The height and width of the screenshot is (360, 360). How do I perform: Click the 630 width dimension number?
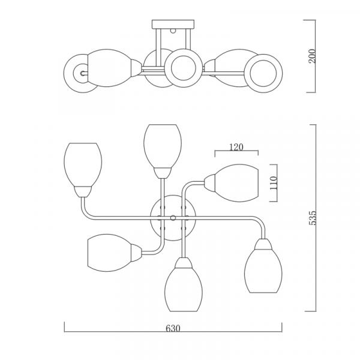(173, 328)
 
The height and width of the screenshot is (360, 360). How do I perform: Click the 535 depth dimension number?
(313, 218)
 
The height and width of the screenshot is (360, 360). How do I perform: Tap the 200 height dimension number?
(312, 56)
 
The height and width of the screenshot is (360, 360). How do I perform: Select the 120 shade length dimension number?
(236, 147)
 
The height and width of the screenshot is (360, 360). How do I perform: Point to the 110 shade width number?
(274, 183)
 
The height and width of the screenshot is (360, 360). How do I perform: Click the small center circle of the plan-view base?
(173, 218)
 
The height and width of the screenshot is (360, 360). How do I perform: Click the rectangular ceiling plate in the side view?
(173, 25)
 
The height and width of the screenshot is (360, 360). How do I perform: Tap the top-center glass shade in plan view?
(163, 146)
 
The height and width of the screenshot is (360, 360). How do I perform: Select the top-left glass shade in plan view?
(83, 165)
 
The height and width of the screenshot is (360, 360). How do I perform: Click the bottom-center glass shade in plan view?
(184, 289)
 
